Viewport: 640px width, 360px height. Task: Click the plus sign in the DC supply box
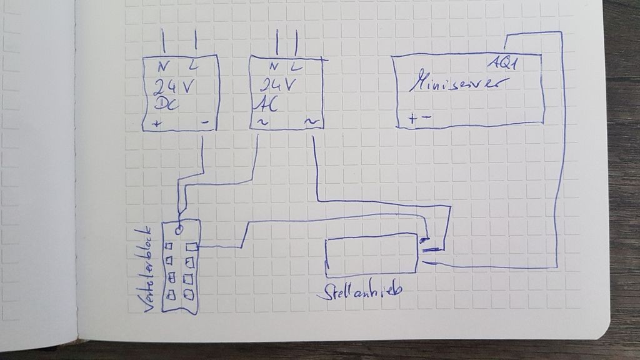[157, 124]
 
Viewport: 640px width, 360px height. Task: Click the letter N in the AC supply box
[273, 67]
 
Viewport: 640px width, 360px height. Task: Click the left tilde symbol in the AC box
[262, 122]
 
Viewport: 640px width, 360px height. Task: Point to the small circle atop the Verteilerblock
[179, 229]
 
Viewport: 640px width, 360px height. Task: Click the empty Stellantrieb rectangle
[372, 256]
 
